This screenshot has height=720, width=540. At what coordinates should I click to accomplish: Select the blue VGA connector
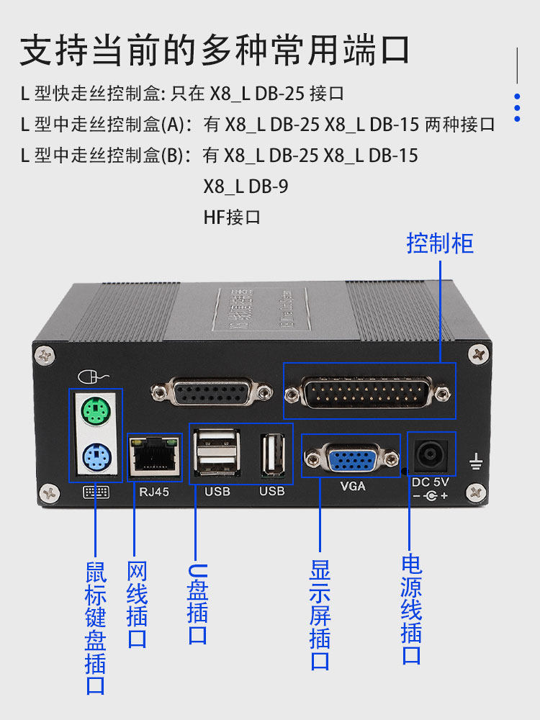[x=351, y=458]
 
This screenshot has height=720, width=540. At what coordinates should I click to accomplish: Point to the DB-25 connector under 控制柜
[x=369, y=392]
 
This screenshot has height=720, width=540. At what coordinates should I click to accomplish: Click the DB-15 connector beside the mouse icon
[x=212, y=392]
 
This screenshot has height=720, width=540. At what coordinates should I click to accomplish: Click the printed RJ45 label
[x=154, y=491]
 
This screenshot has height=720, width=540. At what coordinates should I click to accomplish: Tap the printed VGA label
[x=352, y=486]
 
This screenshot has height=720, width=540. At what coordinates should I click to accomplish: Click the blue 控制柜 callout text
[x=440, y=243]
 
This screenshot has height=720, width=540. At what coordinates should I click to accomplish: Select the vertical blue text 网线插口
[x=137, y=606]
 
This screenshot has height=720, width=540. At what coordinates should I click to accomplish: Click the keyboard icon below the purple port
[x=96, y=492]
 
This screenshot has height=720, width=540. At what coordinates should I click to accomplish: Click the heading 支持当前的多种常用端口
[x=215, y=50]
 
